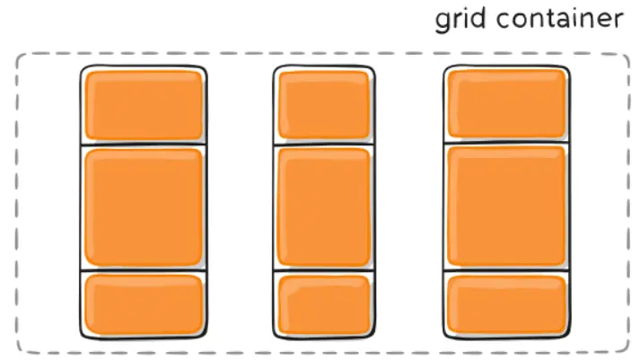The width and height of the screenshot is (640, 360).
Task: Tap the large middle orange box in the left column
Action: [144, 207]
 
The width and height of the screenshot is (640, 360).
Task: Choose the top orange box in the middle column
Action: [322, 104]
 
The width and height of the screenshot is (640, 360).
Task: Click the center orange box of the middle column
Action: [322, 207]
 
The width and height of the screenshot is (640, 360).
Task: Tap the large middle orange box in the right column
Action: [506, 207]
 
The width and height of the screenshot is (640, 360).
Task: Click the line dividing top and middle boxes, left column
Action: [144, 144]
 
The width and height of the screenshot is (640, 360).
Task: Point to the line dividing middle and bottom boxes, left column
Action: [144, 270]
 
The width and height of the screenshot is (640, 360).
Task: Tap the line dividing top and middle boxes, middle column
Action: [322, 144]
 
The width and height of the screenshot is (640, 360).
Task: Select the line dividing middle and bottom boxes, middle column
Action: [322, 270]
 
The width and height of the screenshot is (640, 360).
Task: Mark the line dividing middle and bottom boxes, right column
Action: [506, 270]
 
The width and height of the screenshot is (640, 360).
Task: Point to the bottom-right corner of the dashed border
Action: [626, 349]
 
